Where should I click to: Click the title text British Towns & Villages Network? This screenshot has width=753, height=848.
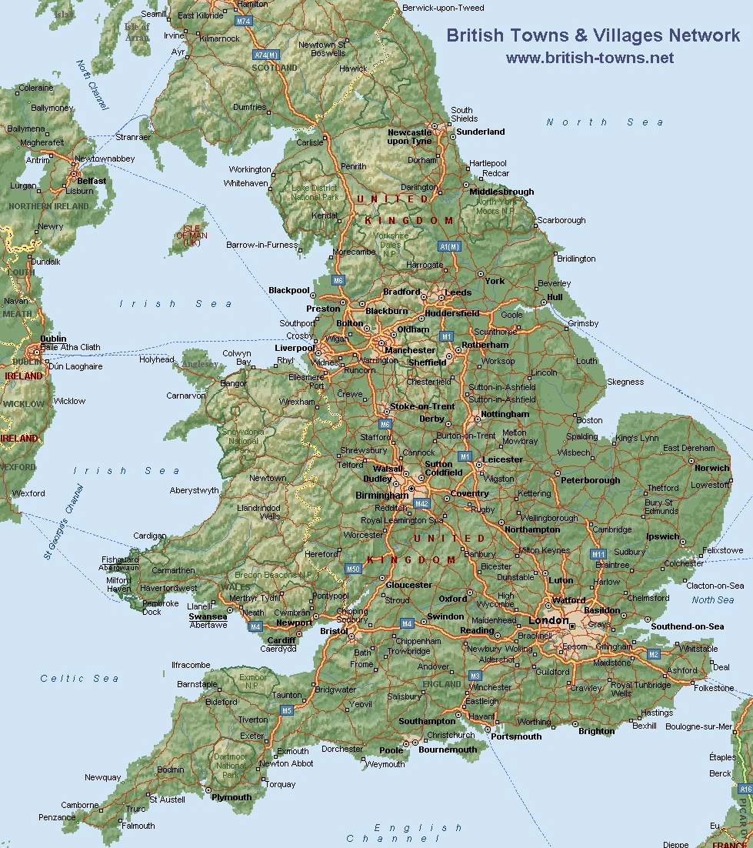pyautogui.click(x=593, y=35)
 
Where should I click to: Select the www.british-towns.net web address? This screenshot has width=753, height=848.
pyautogui.click(x=589, y=58)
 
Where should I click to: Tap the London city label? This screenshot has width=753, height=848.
pyautogui.click(x=548, y=620)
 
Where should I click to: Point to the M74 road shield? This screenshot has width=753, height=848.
pyautogui.click(x=244, y=22)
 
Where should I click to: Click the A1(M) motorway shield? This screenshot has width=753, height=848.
pyautogui.click(x=449, y=246)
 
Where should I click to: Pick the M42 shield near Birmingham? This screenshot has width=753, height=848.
pyautogui.click(x=421, y=503)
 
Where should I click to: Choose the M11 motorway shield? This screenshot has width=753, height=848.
pyautogui.click(x=598, y=554)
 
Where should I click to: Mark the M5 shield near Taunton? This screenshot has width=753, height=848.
pyautogui.click(x=286, y=710)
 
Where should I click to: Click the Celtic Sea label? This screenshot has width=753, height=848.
pyautogui.click(x=79, y=678)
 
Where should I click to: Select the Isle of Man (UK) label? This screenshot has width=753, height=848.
pyautogui.click(x=192, y=235)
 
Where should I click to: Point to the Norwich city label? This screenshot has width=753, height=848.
pyautogui.click(x=711, y=468)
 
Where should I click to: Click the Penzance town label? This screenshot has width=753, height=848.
pyautogui.click(x=57, y=817)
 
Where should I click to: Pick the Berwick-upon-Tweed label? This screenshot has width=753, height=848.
pyautogui.click(x=443, y=8)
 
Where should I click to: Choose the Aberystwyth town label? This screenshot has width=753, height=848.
pyautogui.click(x=194, y=490)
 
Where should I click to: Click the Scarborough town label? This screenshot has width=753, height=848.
pyautogui.click(x=561, y=220)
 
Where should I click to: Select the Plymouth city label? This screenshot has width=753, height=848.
pyautogui.click(x=232, y=797)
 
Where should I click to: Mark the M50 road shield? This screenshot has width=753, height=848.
pyautogui.click(x=352, y=569)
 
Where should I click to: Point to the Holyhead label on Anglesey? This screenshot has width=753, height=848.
pyautogui.click(x=157, y=359)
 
